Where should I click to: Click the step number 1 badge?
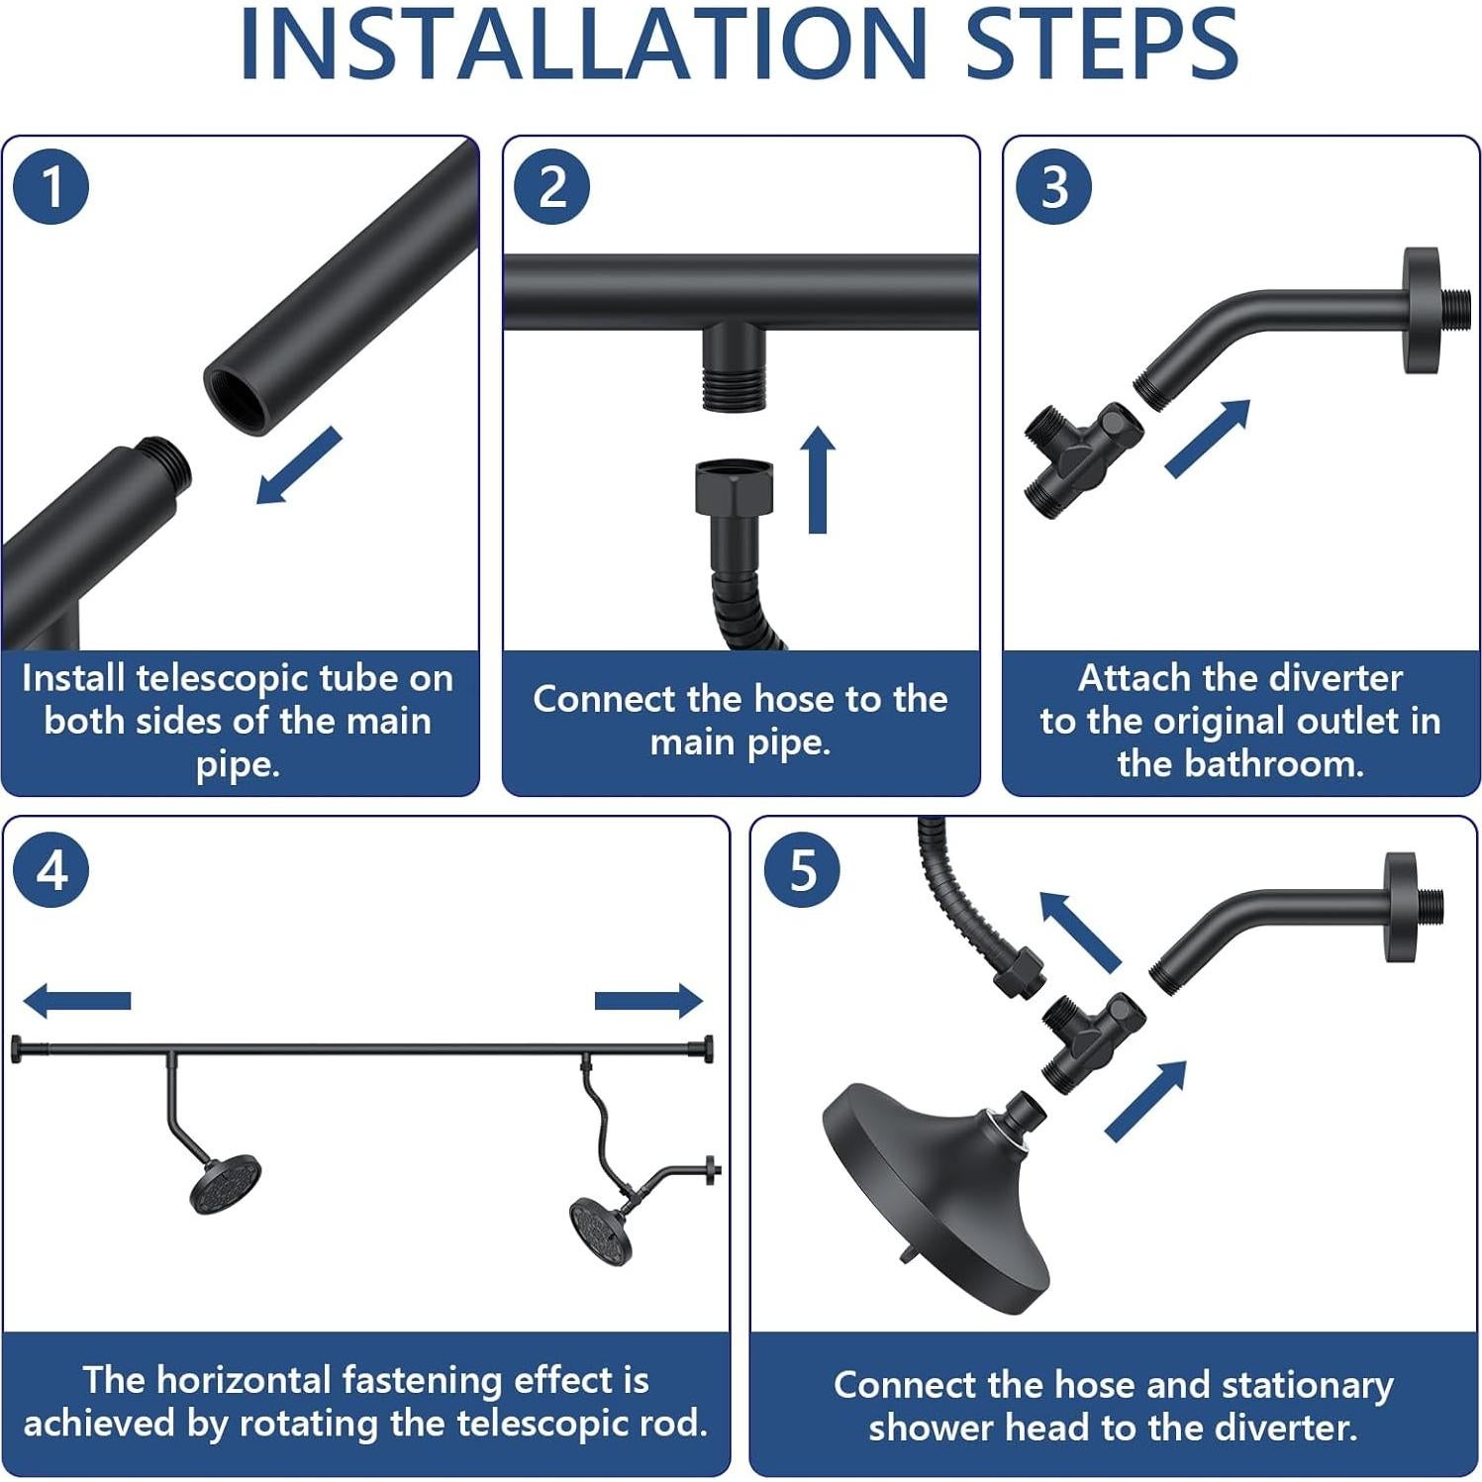click(51, 186)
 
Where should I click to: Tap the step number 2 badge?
click(552, 186)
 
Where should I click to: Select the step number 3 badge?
click(1054, 186)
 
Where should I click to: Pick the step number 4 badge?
click(51, 870)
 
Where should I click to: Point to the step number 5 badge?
click(803, 870)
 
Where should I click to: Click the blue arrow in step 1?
click(298, 465)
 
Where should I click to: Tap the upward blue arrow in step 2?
click(818, 480)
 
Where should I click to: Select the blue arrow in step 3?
click(1208, 439)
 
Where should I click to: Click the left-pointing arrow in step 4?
click(76, 1000)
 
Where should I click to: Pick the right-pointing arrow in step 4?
click(648, 1000)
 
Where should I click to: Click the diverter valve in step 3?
click(1082, 457)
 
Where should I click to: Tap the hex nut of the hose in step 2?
click(735, 485)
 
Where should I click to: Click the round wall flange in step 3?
click(1423, 310)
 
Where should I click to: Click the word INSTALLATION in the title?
click(583, 45)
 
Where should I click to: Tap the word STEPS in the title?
click(1102, 45)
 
